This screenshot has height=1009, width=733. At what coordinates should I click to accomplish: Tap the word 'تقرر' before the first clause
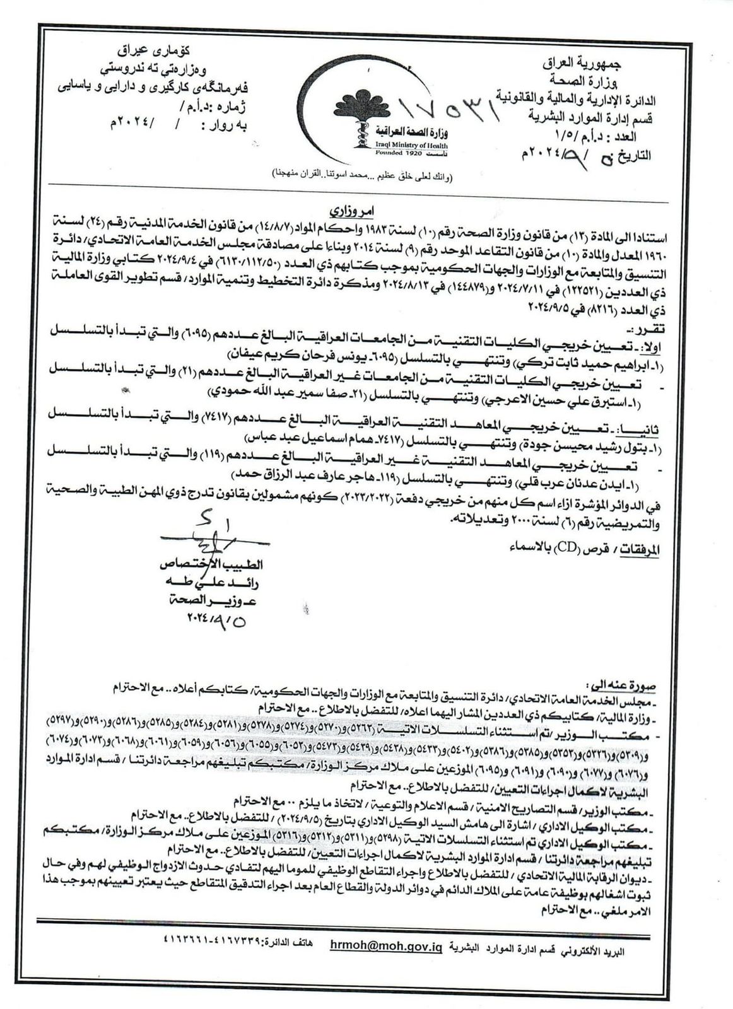[x=646, y=329]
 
